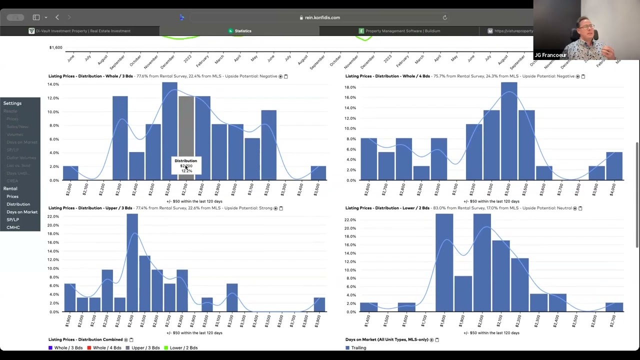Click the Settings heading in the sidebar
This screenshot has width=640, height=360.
12,103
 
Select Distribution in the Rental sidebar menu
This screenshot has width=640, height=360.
18,204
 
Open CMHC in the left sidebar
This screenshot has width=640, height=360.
13,227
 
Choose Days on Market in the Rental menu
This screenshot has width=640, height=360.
22,212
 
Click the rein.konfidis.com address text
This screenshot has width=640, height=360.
322,17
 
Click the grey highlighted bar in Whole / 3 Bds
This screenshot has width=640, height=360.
186,130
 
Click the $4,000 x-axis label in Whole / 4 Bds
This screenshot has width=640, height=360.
613,190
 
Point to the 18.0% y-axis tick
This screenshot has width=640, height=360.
349,87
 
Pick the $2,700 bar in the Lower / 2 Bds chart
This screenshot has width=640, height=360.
614,307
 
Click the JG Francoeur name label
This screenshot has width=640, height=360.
550,55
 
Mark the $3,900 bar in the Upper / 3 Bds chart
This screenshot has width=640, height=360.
319,304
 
